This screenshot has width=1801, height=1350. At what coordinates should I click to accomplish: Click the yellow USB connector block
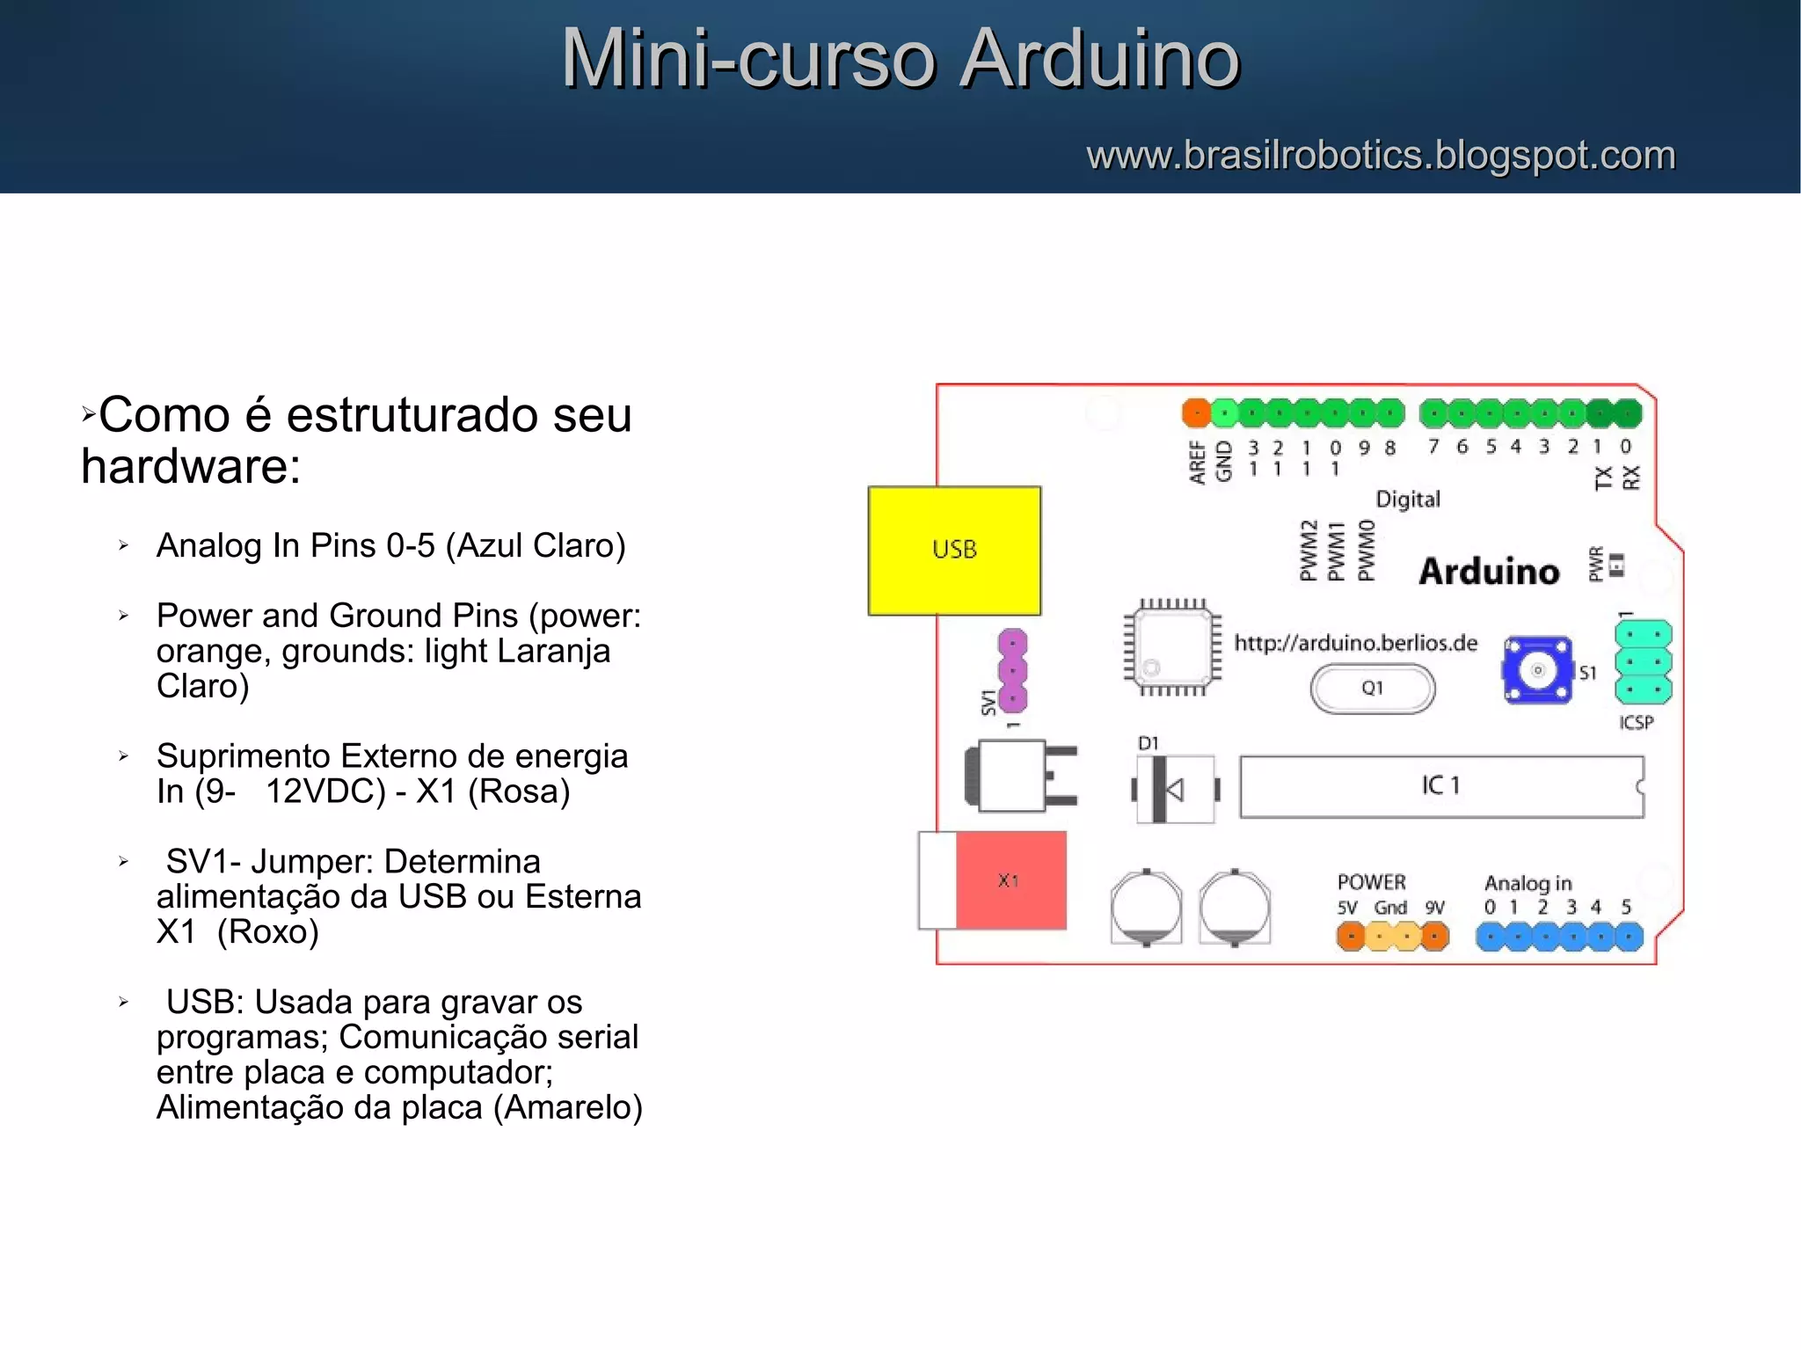954,551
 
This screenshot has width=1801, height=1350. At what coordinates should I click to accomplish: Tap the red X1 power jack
1010,880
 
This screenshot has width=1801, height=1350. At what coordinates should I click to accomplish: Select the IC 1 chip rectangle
1440,786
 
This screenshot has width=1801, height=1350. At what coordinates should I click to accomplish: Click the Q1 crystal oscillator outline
1372,689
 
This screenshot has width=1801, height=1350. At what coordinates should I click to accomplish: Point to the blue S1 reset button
1537,670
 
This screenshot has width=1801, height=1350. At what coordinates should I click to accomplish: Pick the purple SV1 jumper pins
1012,670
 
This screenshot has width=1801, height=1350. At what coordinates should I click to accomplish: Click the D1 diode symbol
1174,789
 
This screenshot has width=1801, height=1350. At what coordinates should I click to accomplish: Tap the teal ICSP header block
1643,662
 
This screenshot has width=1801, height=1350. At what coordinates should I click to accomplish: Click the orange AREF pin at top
1196,412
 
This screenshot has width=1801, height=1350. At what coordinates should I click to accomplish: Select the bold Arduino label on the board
1489,572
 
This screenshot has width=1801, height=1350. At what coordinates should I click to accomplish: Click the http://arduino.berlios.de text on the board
1355,644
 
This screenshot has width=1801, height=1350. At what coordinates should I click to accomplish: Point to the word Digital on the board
1408,500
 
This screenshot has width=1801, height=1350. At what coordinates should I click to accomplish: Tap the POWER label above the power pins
1371,882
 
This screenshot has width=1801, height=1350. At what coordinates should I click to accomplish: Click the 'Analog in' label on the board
1528,883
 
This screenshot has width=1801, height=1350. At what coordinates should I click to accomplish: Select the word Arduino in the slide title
1099,59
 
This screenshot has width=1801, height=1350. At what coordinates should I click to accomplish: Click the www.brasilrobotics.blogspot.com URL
1381,156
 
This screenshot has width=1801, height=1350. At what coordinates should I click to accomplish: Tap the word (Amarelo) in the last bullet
568,1107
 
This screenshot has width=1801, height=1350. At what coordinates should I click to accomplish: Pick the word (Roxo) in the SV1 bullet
268,931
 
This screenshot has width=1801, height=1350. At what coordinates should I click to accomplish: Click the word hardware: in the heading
191,466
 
